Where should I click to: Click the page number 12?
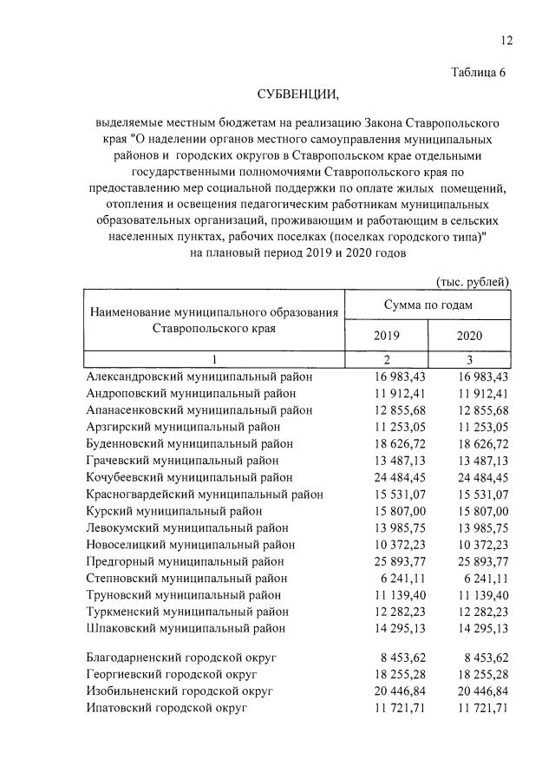click(506, 41)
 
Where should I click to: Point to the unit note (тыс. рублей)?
click(472, 280)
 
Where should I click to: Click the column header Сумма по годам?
click(428, 305)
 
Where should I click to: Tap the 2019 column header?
click(387, 335)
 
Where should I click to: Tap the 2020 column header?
click(469, 335)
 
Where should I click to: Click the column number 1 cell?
click(213, 359)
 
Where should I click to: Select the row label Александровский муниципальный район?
click(199, 377)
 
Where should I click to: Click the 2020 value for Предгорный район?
click(482, 560)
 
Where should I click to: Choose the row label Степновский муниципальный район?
click(186, 578)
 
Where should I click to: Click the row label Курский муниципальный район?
click(174, 511)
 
